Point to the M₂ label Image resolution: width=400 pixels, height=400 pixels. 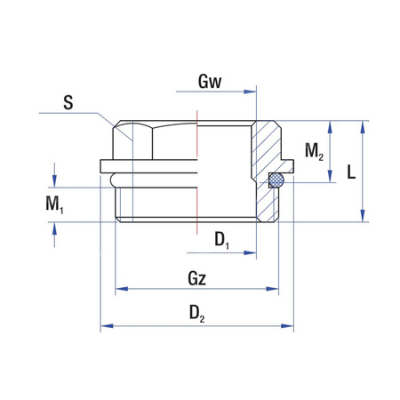tap(314, 151)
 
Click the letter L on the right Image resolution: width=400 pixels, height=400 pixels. tap(351, 172)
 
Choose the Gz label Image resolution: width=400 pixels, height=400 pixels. tap(198, 278)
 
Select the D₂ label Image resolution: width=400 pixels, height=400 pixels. tap(198, 315)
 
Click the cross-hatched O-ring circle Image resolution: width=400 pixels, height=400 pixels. tap(276, 182)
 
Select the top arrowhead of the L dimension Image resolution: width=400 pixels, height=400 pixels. tap(364, 125)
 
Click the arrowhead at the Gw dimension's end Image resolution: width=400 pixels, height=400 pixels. tap(252, 89)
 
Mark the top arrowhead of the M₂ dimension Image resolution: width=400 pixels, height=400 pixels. tap(330, 125)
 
